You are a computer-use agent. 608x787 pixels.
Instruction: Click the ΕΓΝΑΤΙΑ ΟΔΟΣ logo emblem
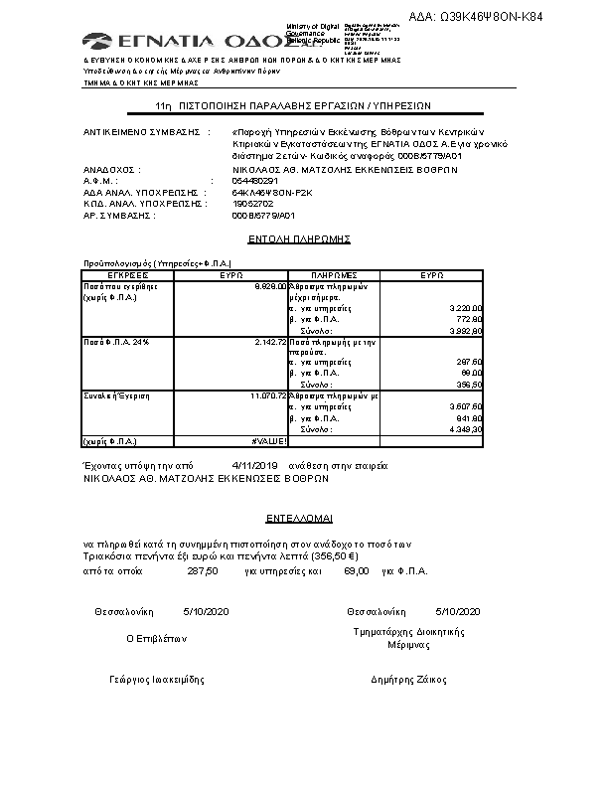tap(97, 41)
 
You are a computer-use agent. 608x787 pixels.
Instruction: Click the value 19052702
tap(252, 203)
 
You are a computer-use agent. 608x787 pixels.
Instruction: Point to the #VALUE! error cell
tap(269, 439)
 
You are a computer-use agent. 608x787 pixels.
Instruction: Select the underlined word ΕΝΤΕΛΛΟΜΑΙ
tap(300, 518)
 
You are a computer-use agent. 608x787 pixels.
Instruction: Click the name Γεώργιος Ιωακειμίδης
tap(156, 680)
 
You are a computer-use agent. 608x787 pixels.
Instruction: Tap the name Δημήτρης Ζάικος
tap(407, 680)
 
